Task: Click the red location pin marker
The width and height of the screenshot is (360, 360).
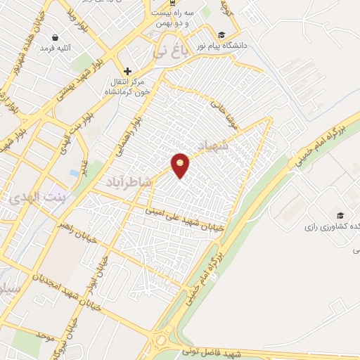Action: [x=181, y=165]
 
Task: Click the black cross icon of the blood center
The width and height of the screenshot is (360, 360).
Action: [x=127, y=71]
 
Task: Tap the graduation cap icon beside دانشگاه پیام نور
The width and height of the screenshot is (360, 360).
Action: [x=221, y=35]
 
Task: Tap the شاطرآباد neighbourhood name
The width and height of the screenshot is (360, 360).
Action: [x=129, y=182]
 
